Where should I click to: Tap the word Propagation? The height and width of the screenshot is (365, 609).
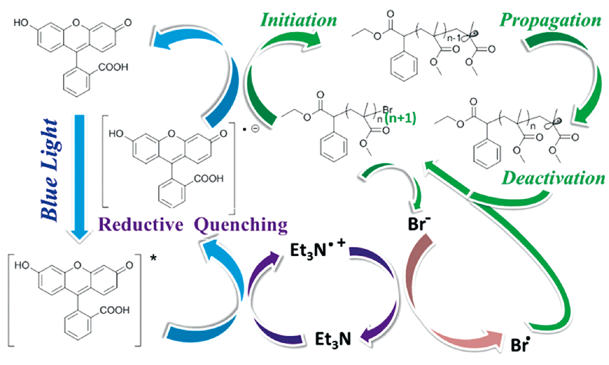551,19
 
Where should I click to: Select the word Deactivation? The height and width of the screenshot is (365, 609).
551,178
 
